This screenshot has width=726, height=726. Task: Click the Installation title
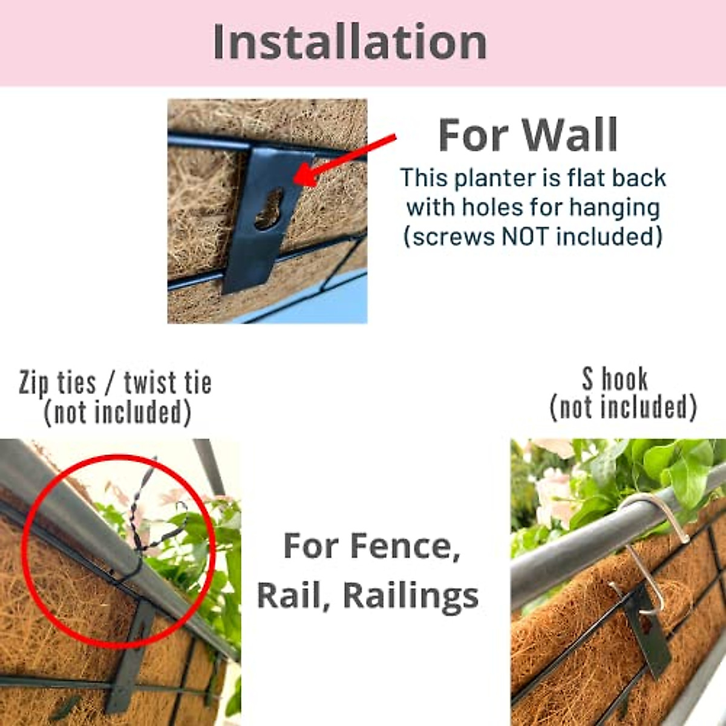click(350, 42)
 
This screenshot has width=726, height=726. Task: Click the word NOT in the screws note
click(526, 236)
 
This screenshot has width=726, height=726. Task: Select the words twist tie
click(168, 382)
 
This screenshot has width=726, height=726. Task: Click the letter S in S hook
click(588, 379)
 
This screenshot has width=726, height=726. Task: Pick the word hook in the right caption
click(624, 379)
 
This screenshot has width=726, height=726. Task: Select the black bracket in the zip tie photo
click(130, 653)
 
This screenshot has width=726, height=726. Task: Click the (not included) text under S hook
click(623, 407)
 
